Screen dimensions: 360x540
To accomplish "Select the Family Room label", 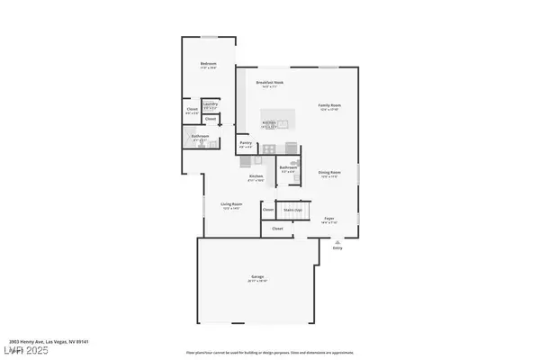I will coord(330,105).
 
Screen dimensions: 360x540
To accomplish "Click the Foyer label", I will coord(329,218).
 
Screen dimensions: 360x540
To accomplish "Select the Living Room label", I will coord(231,204).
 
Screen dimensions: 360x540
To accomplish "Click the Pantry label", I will coord(245,142).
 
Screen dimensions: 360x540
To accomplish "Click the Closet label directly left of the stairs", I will coord(268,210).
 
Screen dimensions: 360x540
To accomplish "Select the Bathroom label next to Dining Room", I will coord(288,167).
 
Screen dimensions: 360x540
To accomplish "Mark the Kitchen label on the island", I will coord(269,123).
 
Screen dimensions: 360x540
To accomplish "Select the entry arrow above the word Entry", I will coord(337,240).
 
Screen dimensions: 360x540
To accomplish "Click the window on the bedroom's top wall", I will coord(208,37).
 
